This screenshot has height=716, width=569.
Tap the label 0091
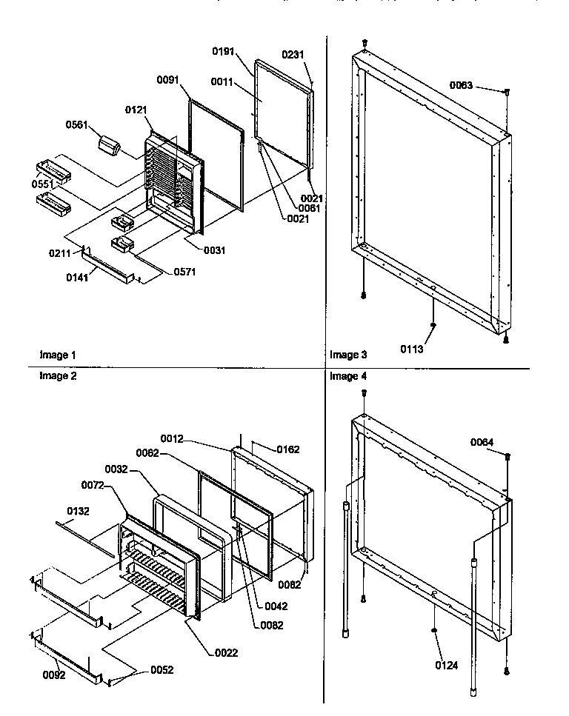pyautogui.click(x=168, y=79)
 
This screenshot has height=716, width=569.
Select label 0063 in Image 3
pyautogui.click(x=461, y=86)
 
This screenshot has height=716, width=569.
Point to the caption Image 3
pyautogui.click(x=348, y=355)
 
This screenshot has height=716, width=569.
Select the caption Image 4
pyautogui.click(x=348, y=376)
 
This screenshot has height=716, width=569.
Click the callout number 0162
pyautogui.click(x=287, y=449)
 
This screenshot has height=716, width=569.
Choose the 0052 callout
pyautogui.click(x=163, y=670)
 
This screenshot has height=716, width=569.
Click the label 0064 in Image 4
pyautogui.click(x=483, y=443)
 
